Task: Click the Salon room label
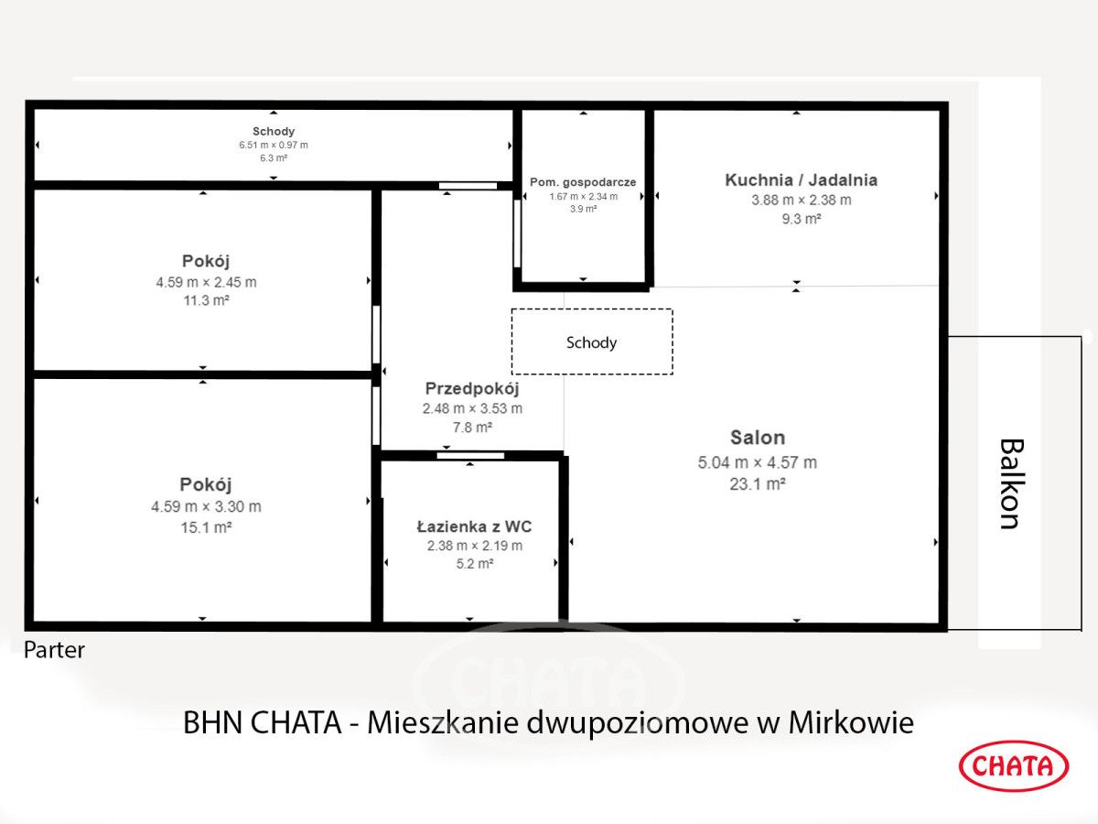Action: tap(757, 438)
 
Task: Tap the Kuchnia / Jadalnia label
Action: tap(801, 179)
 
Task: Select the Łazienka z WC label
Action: tap(474, 526)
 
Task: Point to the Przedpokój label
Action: tap(472, 388)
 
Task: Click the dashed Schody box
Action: tap(591, 342)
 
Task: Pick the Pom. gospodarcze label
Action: tap(583, 182)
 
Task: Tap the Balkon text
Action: tap(1009, 483)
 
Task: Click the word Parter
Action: tap(54, 650)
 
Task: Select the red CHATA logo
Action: tap(1013, 765)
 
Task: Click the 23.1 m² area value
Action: tap(757, 484)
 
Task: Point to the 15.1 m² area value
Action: tap(206, 527)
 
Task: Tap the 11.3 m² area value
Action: tap(206, 299)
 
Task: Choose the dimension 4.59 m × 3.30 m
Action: tap(206, 506)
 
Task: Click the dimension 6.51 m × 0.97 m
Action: tap(274, 145)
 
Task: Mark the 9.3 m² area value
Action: tap(801, 219)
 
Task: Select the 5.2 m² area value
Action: tap(474, 564)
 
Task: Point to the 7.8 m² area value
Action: tap(472, 427)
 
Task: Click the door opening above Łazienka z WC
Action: tap(470, 455)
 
